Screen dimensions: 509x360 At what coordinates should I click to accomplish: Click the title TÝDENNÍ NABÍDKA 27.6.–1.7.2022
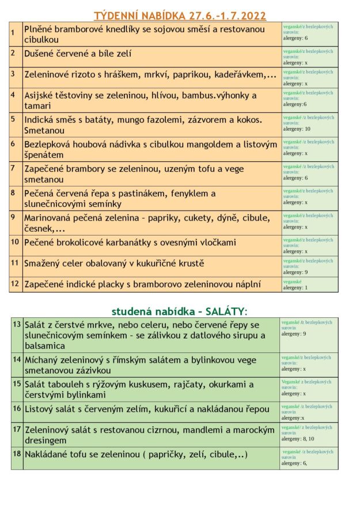pyautogui.click(x=180, y=15)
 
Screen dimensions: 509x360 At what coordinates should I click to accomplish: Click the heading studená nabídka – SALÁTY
pyautogui.click(x=179, y=311)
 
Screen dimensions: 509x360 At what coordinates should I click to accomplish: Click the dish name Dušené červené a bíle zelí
pyautogui.click(x=78, y=54)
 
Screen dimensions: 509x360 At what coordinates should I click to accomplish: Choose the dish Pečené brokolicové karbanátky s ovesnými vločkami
pyautogui.click(x=130, y=242)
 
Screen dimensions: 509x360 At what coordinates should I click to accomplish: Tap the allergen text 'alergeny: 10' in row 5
pyautogui.click(x=297, y=129)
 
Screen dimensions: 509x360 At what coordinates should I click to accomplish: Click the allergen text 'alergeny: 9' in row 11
pyautogui.click(x=295, y=272)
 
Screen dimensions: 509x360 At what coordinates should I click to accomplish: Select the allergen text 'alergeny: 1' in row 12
pyautogui.click(x=295, y=287)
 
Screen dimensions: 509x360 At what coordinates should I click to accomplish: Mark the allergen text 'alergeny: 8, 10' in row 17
pyautogui.click(x=298, y=439)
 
